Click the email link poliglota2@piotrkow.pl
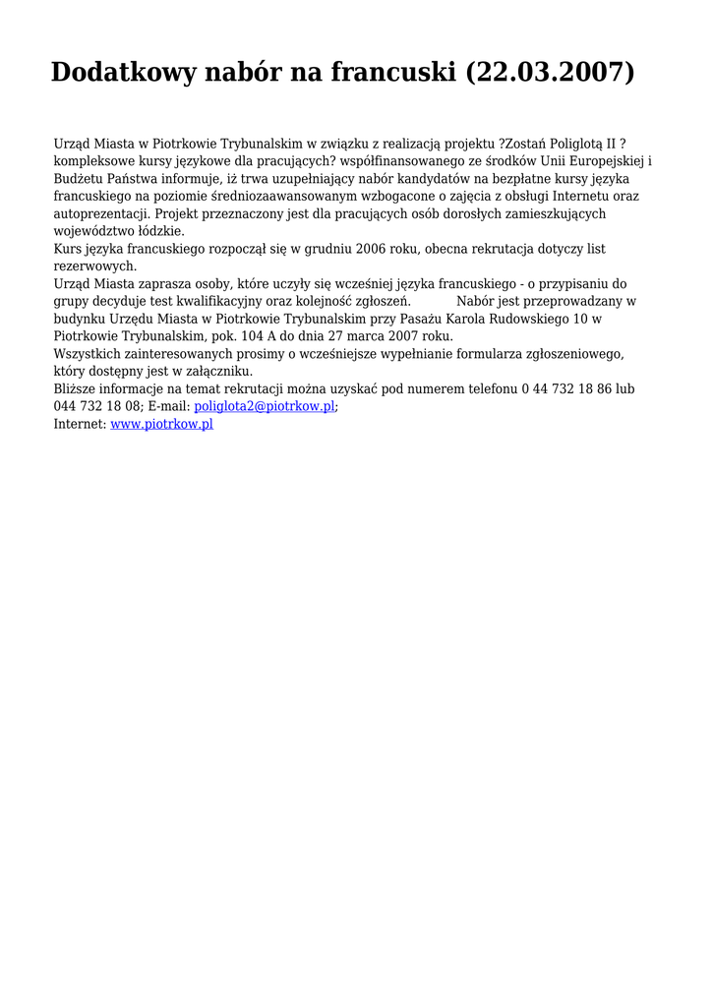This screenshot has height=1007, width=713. [265, 406]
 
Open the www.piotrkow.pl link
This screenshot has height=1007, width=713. [161, 424]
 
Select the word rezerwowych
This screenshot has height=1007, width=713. [94, 267]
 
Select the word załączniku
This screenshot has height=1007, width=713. [215, 371]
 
